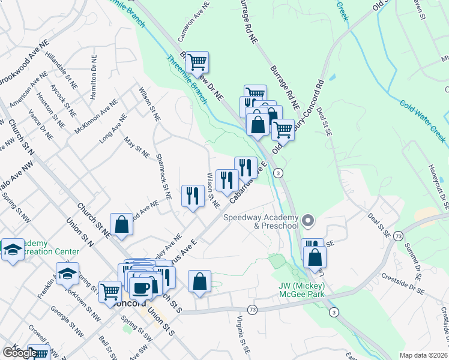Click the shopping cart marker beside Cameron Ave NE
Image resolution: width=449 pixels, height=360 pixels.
[196, 61]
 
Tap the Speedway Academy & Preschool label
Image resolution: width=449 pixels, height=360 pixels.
[261, 221]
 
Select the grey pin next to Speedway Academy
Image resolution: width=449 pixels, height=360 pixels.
[308, 221]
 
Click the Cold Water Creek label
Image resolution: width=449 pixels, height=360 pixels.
[423, 121]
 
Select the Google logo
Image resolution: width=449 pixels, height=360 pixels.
[20, 353]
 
